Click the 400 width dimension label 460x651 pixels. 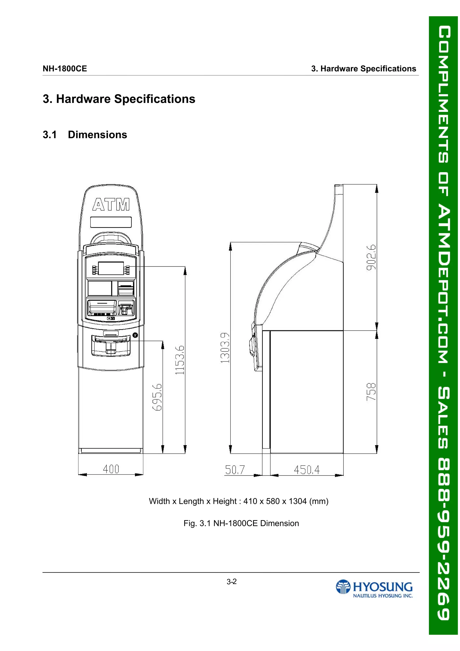tap(111, 469)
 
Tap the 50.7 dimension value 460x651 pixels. tap(234, 470)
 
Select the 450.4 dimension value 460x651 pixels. tap(307, 470)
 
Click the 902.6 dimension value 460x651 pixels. tap(371, 257)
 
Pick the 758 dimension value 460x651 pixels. tap(371, 392)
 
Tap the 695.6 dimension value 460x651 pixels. tap(157, 397)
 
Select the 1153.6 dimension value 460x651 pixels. tap(180, 360)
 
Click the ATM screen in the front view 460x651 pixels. tap(111, 268)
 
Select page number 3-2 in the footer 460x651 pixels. tap(231, 582)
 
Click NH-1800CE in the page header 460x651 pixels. tap(65, 69)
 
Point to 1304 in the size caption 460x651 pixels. tap(297, 501)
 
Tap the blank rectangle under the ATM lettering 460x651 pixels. tap(111, 222)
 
